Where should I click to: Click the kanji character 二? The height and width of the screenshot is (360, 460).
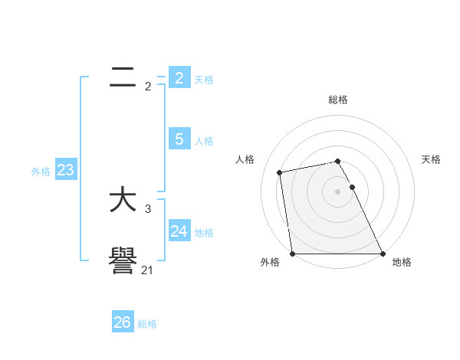click(123, 77)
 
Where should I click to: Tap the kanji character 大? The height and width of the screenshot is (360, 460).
click(123, 201)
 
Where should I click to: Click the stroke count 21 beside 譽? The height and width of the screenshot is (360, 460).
click(148, 270)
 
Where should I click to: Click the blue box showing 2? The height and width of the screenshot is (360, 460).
click(179, 77)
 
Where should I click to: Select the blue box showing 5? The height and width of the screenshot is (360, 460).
click(179, 139)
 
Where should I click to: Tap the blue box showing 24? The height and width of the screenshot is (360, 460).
click(179, 231)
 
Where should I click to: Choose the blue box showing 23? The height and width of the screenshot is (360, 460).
click(65, 169)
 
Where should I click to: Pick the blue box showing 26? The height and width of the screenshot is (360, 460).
click(122, 322)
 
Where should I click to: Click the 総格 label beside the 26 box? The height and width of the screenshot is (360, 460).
click(147, 324)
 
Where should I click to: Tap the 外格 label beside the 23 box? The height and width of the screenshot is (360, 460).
click(41, 172)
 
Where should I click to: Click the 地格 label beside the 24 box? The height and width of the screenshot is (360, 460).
click(204, 233)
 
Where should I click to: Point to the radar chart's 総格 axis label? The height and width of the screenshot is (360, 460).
click(338, 100)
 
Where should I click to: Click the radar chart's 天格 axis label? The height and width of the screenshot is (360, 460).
click(431, 159)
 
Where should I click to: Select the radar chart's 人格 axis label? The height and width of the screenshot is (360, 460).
click(245, 159)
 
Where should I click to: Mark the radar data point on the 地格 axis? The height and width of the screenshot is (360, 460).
click(382, 253)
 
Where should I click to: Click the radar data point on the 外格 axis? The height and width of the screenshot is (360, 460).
click(293, 253)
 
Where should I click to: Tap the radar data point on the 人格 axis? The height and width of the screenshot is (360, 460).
click(280, 172)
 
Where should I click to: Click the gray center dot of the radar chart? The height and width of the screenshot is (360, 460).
click(337, 191)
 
